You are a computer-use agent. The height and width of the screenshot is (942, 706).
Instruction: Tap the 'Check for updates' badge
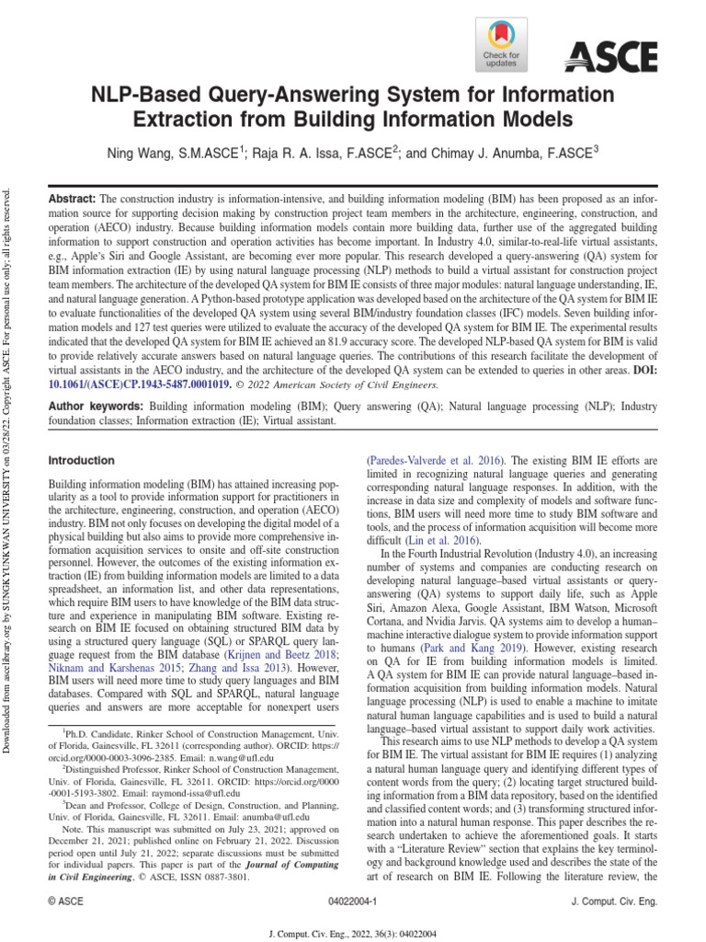[x=502, y=45]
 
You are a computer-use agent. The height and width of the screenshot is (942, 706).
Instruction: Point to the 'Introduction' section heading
[x=82, y=460]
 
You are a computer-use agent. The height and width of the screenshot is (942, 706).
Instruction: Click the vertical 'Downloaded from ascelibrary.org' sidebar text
[x=10, y=460]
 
